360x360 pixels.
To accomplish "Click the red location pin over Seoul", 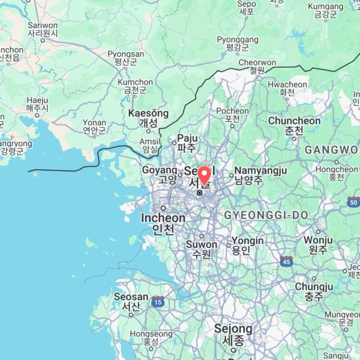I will [205, 175].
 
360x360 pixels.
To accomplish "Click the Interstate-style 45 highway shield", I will [286, 261].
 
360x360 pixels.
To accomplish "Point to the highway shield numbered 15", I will [158, 301].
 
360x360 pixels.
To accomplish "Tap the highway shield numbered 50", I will [353, 202].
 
